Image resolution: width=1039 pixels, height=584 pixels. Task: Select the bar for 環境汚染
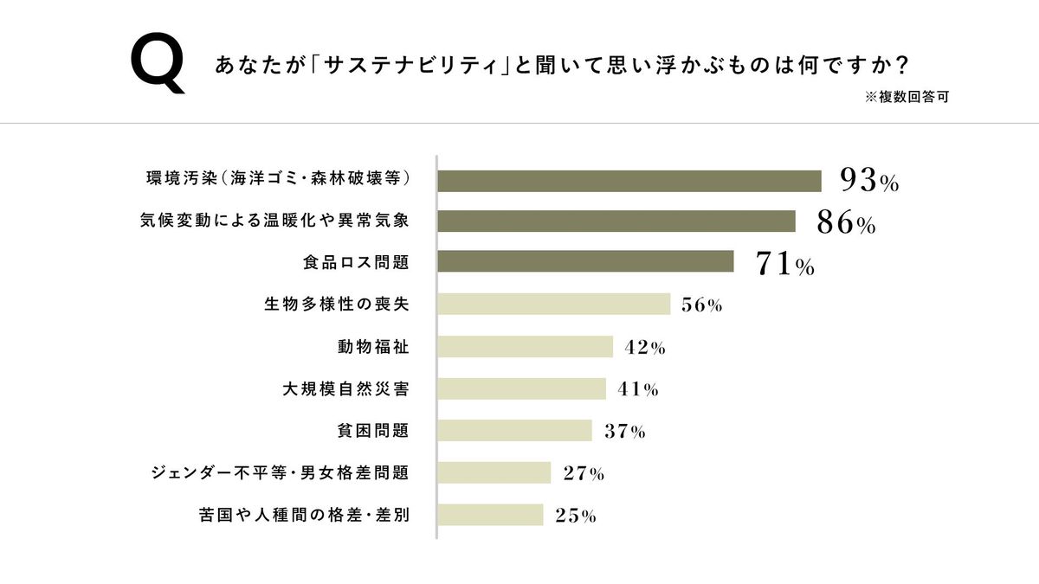pos(629,181)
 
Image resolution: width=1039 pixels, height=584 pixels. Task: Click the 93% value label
pos(869,181)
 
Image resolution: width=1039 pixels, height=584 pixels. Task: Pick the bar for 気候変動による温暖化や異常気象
pos(616,221)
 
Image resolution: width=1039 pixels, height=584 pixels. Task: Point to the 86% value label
pos(846,223)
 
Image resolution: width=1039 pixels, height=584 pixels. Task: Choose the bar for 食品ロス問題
pos(585,261)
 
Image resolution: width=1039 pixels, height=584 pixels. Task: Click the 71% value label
pos(784,265)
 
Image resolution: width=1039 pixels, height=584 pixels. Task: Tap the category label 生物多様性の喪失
pos(335,305)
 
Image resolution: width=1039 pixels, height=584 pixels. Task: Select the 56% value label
pos(701,305)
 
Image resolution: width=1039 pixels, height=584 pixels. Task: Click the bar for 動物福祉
pos(526,347)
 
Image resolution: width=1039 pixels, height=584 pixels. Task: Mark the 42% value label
pos(644,348)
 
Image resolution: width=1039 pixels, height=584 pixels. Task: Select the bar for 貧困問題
pos(514,431)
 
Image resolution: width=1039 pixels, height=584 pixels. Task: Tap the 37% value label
pos(624,432)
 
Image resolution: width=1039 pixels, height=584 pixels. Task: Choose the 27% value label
pos(583,474)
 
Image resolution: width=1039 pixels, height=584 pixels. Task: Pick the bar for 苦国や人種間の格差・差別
pos(490,515)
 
